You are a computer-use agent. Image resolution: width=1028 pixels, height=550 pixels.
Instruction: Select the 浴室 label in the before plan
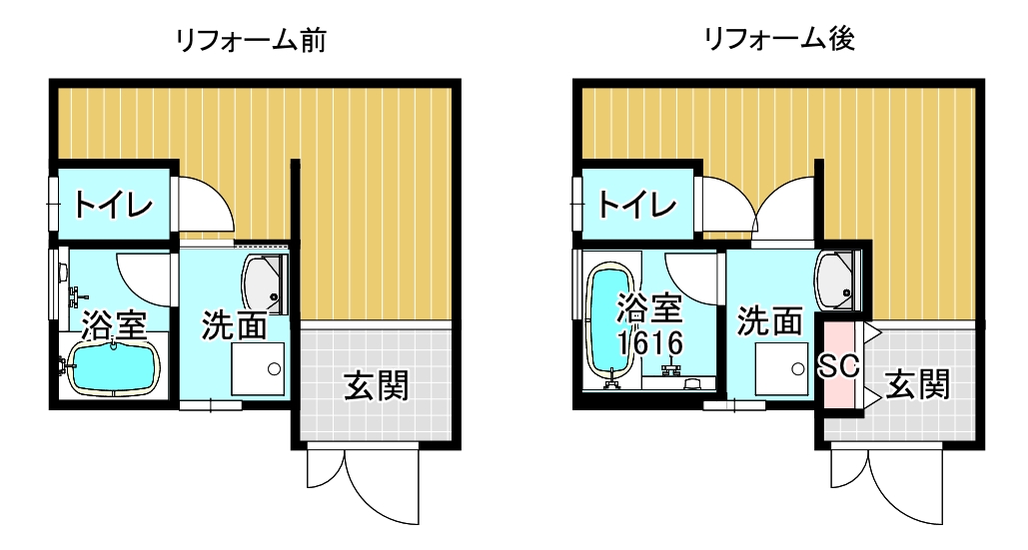tap(115, 323)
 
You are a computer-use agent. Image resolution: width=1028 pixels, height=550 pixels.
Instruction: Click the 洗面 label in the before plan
tap(235, 325)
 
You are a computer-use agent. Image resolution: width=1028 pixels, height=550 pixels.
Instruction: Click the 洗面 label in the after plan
tap(769, 321)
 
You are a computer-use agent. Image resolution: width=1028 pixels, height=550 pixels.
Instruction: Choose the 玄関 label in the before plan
tap(377, 384)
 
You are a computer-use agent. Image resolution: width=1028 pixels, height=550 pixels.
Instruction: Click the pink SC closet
tap(839, 365)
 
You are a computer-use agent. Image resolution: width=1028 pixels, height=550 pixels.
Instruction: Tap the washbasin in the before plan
tap(265, 282)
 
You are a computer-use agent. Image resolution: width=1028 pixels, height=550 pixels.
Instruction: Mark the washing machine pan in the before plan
tap(258, 370)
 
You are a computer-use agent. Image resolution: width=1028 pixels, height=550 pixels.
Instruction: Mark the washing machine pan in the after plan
tap(782, 369)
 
